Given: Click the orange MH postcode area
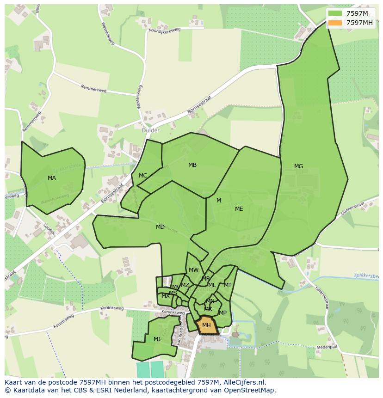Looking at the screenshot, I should pos(206,325).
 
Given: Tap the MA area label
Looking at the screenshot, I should pos(52,178).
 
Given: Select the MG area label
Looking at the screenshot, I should pos(298,166).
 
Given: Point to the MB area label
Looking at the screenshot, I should pos(192,165).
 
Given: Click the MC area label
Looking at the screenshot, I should pos(143,176).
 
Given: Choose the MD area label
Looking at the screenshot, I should pos(160,227).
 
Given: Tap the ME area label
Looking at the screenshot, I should pos(239,209).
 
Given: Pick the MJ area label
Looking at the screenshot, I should pos(157,339).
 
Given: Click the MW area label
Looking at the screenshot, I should pos(193,270).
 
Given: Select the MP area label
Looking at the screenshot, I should pos(223,313).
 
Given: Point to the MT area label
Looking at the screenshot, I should pos(228,285).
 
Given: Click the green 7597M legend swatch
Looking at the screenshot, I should pos(336,14).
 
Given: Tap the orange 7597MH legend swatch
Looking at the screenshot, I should pos(336,23).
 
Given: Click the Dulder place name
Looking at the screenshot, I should pos(150,131).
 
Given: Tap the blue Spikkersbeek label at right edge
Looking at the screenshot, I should pos(367,276).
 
